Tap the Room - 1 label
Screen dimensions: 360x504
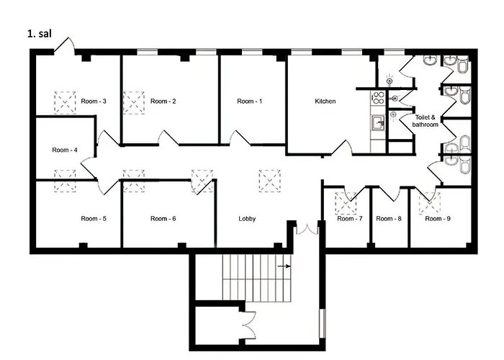[x=249, y=102]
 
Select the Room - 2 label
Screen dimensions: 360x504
[x=163, y=102]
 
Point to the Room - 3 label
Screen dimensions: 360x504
[x=94, y=102]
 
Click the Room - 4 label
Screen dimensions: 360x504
[x=65, y=150]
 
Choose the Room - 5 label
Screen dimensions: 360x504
[x=94, y=218]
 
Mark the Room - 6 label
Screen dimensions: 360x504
[x=163, y=218]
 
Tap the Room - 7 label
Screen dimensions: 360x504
[x=350, y=218]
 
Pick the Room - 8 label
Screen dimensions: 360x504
[x=389, y=218]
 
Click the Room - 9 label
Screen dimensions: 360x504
[x=437, y=218]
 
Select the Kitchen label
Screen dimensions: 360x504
[x=325, y=102]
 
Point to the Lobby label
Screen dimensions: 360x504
[x=247, y=218]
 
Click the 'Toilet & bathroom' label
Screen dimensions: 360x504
[x=425, y=120]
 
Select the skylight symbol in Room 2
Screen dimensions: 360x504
[x=134, y=102]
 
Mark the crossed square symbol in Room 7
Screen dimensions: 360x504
[x=350, y=202]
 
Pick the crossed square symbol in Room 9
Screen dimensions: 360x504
[x=430, y=202]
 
